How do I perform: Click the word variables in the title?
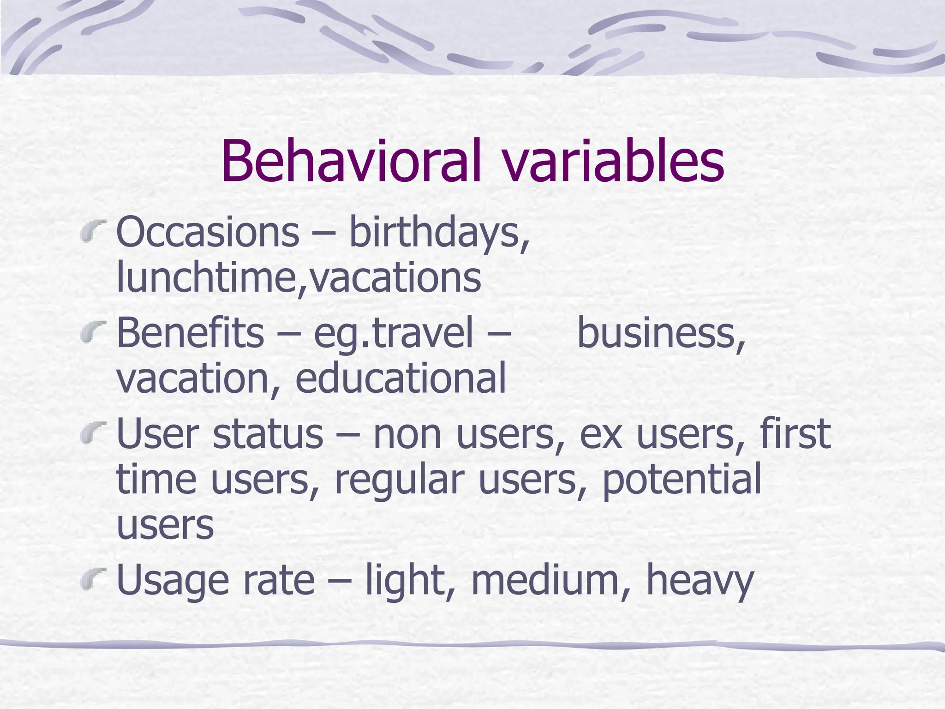pos(613,161)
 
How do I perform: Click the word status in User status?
pos(268,434)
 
